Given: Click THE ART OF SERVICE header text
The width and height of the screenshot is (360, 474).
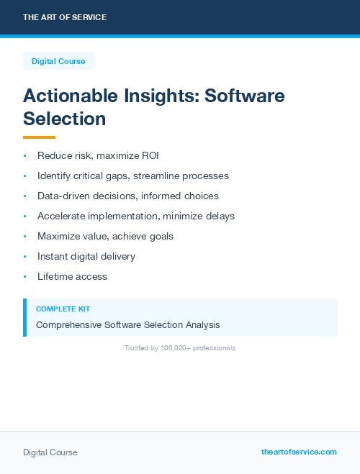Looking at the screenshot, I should coord(65,17).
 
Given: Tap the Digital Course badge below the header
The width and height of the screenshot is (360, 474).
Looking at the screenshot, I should coord(58,61).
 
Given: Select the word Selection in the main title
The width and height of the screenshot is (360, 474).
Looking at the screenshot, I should coord(65,118).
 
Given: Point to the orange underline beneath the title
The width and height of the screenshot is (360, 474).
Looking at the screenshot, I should coord(39,137).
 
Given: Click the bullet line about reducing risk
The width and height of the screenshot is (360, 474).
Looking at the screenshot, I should coord(98,155).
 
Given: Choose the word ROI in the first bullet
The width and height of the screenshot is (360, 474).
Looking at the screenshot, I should coord(150,155).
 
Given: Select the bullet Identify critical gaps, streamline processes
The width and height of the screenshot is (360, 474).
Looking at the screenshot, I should coord(133,176).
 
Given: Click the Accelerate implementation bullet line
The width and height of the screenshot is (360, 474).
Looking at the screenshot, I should coord(136,216).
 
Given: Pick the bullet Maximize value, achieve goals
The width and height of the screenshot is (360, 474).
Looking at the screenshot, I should coord(105,236).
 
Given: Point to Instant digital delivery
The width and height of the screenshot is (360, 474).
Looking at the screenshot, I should coord(86,256).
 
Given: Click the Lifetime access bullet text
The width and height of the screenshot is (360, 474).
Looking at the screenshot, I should coord(72,276).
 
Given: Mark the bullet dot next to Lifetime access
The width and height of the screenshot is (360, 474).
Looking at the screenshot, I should coord(24,276).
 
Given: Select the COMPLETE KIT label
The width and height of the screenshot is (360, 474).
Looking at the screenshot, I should coord(63,309).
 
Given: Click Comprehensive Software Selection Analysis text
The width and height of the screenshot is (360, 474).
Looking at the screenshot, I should coord(128,325).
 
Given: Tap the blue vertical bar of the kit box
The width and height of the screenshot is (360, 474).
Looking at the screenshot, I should coord(24,317).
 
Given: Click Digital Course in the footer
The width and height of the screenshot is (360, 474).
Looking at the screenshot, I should coord(50,452).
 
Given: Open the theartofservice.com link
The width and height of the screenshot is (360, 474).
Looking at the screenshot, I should coord(299,452).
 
